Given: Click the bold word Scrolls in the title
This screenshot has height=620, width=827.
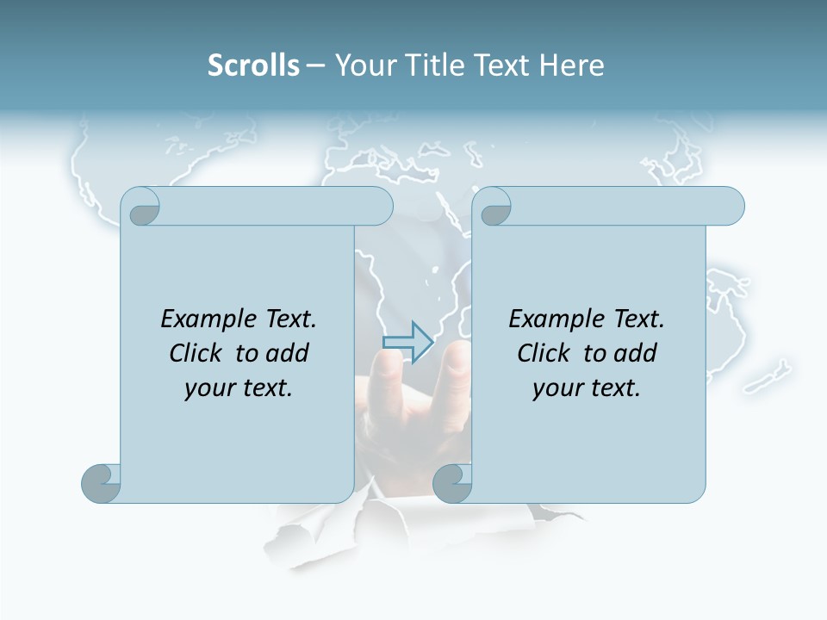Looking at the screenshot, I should tap(253, 65).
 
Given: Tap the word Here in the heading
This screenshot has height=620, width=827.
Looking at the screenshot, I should tap(572, 65).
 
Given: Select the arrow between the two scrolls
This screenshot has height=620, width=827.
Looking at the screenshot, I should tap(407, 343).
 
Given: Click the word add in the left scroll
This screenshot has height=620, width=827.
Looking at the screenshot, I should tap(288, 353).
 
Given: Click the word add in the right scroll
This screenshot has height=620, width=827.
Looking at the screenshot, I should tap(636, 353).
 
